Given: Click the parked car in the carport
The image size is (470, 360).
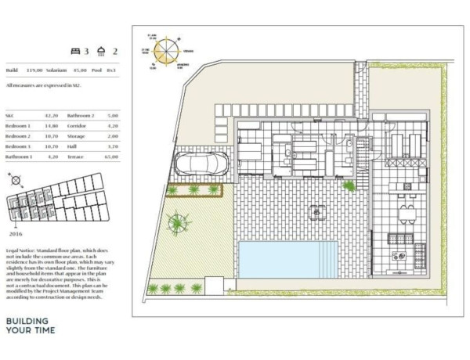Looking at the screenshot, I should pyautogui.click(x=202, y=164).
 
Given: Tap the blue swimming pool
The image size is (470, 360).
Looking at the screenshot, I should pyautogui.click(x=287, y=259).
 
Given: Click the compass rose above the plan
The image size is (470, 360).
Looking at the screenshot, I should pyautogui.click(x=165, y=52).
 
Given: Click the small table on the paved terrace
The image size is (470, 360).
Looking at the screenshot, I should pyautogui.click(x=317, y=211).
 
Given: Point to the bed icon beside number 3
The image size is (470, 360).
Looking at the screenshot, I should pyautogui.click(x=76, y=52).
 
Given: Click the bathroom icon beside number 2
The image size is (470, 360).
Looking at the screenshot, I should pyautogui.click(x=101, y=52).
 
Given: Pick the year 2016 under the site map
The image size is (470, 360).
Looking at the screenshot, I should pyautogui.click(x=16, y=233).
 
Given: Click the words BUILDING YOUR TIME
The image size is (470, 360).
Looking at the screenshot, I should pyautogui.click(x=27, y=326).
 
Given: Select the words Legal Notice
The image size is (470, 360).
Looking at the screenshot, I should pyautogui.click(x=20, y=250).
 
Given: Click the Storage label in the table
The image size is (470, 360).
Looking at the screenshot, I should pyautogui.click(x=77, y=135).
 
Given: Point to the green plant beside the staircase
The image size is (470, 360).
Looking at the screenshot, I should pyautogui.click(x=348, y=185).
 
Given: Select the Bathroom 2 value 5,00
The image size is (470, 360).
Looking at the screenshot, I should pyautogui.click(x=112, y=114).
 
